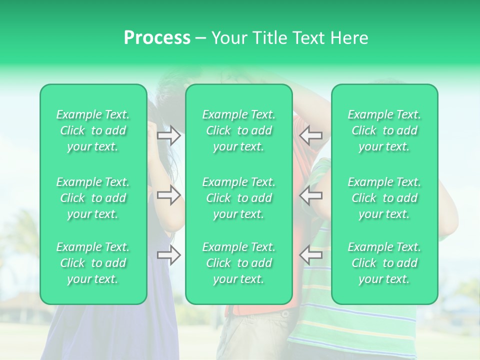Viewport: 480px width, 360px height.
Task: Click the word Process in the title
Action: point(157,38)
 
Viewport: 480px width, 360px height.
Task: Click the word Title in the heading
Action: point(268,38)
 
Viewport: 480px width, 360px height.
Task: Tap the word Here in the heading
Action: point(350,38)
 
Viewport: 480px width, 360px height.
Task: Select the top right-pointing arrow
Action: point(168,135)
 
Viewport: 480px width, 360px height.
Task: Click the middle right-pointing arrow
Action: point(168,195)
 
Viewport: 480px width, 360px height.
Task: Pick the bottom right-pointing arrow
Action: point(168,255)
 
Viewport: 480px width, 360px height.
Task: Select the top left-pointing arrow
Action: point(311,135)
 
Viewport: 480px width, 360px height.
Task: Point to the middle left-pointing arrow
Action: point(311,195)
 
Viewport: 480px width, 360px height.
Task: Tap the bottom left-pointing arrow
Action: point(311,255)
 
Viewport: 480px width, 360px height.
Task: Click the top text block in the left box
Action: point(93,130)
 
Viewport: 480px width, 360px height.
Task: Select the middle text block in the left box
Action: point(93,198)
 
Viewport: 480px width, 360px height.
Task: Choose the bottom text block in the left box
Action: point(93,263)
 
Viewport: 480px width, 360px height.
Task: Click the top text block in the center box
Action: point(239,130)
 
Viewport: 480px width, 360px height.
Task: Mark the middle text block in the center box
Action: point(239,198)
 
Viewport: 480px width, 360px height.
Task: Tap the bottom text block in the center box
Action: point(239,263)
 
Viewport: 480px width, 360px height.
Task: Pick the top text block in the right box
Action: point(384,130)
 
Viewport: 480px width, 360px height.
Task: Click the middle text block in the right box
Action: point(384,198)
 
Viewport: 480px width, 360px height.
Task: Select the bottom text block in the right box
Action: point(384,263)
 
